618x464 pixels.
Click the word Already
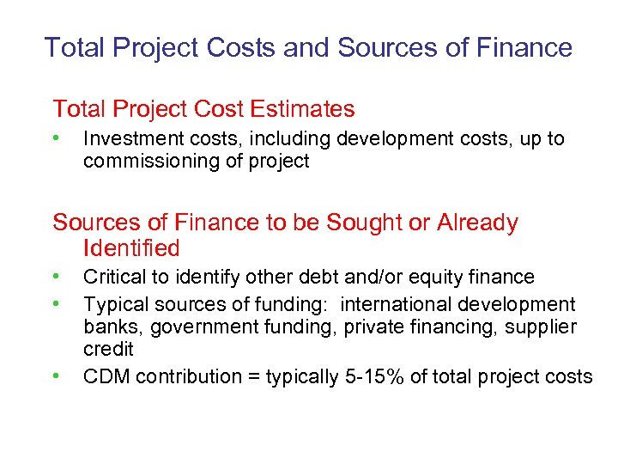point(477,223)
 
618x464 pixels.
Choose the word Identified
point(131,249)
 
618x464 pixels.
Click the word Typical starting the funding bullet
point(116,304)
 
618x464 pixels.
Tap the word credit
point(108,349)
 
